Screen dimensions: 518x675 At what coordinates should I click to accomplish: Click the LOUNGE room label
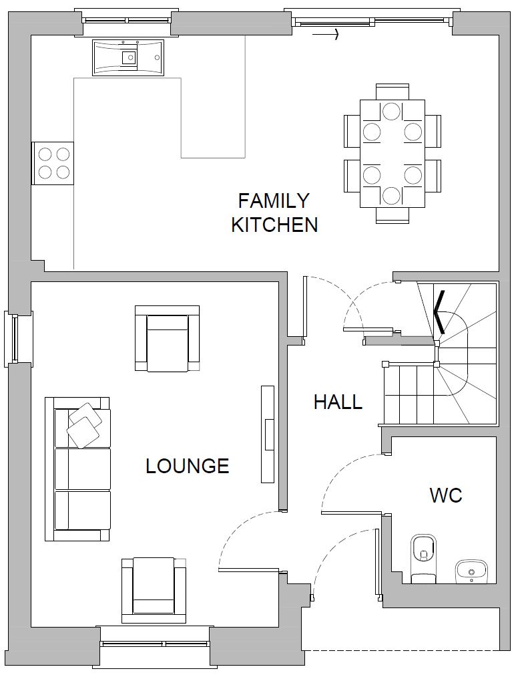click(x=188, y=466)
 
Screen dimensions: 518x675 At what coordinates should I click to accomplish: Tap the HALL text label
click(x=338, y=402)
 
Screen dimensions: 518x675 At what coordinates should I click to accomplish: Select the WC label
click(x=446, y=495)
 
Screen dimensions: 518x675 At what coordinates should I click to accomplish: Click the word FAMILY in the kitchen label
click(x=274, y=201)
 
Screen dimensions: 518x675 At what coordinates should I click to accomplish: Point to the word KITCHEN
click(x=274, y=225)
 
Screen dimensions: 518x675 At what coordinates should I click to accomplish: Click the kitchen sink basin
click(x=127, y=57)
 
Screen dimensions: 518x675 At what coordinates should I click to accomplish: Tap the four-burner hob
click(x=53, y=163)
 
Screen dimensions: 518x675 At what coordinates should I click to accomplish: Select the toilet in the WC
click(x=423, y=558)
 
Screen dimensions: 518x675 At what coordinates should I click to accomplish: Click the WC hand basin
click(x=471, y=571)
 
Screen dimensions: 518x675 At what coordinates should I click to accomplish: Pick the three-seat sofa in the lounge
click(x=78, y=468)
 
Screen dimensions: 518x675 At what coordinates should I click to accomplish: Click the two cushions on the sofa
click(x=85, y=425)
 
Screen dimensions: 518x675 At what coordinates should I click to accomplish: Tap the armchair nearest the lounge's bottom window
click(x=154, y=590)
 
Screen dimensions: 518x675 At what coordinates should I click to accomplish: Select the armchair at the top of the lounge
click(x=168, y=338)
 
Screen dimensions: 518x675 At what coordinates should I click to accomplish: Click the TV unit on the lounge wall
click(x=268, y=434)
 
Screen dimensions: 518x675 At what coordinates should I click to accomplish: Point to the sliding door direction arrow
click(x=325, y=35)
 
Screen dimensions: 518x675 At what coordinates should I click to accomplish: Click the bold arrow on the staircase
click(x=439, y=311)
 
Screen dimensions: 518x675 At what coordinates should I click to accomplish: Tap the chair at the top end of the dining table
click(x=392, y=92)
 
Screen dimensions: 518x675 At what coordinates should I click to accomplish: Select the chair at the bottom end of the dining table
click(x=392, y=215)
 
